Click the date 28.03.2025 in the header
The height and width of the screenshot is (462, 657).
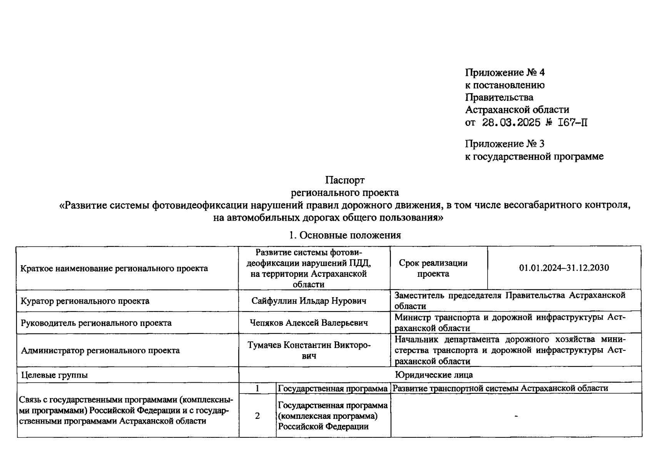click(511, 123)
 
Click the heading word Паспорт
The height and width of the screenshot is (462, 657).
click(344, 180)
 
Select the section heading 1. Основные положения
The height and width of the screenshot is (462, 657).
click(345, 235)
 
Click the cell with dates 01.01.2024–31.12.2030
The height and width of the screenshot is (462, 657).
click(564, 268)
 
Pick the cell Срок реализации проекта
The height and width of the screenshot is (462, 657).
click(433, 268)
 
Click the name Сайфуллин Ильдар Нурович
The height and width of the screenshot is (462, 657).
click(309, 301)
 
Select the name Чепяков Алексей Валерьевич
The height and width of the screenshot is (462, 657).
click(309, 323)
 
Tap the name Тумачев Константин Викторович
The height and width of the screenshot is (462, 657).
click(309, 350)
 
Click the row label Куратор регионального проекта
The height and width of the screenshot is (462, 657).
click(85, 301)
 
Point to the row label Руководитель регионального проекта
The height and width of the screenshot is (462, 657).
click(96, 323)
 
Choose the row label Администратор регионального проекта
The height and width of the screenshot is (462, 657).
click(100, 350)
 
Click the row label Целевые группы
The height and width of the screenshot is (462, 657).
click(54, 375)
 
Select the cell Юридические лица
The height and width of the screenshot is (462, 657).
click(434, 375)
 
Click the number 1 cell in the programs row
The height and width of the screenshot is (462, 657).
click(257, 388)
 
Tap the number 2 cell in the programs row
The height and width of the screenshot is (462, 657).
click(257, 416)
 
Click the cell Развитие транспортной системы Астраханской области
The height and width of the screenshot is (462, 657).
click(500, 388)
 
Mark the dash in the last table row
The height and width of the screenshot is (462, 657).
click(516, 416)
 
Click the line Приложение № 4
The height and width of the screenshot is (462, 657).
click(505, 72)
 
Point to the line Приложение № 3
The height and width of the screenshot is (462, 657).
click(505, 144)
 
